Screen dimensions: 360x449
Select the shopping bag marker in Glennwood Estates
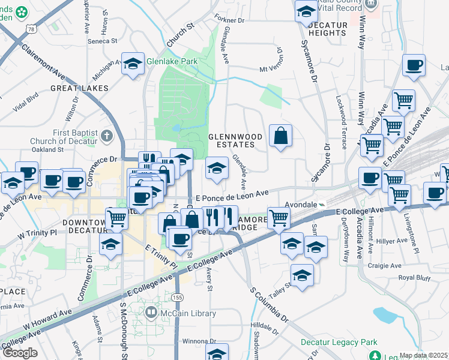click(280, 136)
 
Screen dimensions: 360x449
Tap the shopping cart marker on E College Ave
click(279, 218)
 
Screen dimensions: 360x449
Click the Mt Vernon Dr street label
click(271, 69)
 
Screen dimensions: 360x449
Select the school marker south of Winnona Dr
click(217, 353)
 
